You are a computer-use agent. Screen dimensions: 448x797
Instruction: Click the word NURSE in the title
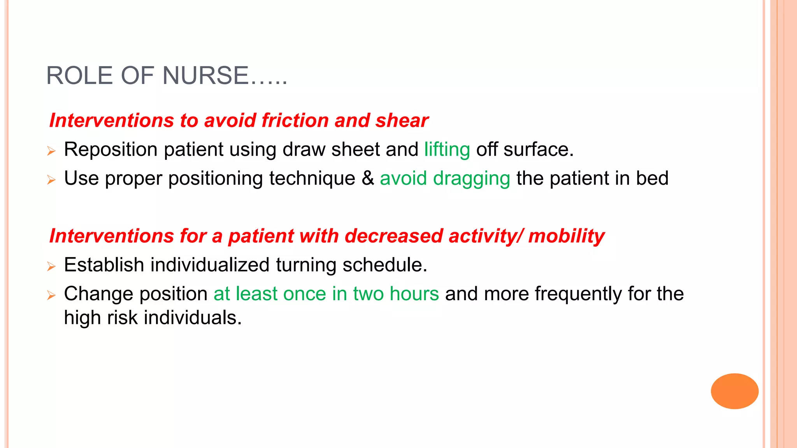pyautogui.click(x=205, y=75)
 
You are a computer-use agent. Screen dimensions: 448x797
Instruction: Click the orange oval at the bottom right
pyautogui.click(x=734, y=391)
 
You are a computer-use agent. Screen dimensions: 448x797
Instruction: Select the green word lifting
pyautogui.click(x=447, y=150)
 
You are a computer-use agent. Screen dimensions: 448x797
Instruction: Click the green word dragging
pyautogui.click(x=471, y=179)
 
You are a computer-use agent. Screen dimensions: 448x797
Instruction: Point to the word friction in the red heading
pyautogui.click(x=295, y=121)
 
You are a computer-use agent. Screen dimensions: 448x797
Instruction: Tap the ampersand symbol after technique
pyautogui.click(x=367, y=178)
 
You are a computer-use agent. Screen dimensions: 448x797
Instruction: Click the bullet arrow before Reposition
pyautogui.click(x=51, y=151)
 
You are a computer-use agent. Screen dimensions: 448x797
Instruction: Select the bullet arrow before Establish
pyautogui.click(x=51, y=267)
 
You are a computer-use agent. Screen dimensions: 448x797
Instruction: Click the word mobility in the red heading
pyautogui.click(x=566, y=236)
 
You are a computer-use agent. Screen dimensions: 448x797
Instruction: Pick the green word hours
pyautogui.click(x=414, y=294)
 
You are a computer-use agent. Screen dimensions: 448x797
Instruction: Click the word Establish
pyautogui.click(x=104, y=265)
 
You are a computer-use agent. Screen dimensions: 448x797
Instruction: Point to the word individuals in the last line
pyautogui.click(x=193, y=318)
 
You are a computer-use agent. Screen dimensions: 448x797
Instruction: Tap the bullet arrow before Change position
pyautogui.click(x=51, y=296)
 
